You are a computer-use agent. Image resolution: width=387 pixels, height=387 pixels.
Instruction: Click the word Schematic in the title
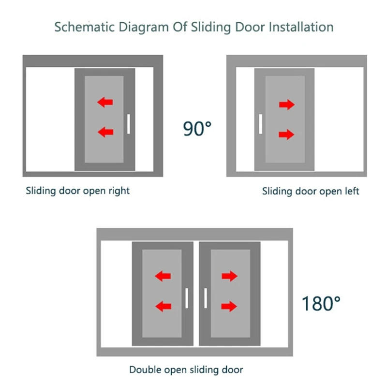tap(84, 27)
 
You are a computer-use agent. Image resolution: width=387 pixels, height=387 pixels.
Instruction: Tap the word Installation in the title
tap(301, 27)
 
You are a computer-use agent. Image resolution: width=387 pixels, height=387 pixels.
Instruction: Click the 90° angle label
tap(197, 129)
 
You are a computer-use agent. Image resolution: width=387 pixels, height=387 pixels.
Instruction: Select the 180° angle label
tap(321, 303)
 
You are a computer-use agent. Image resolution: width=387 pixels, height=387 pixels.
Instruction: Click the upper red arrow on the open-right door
tap(105, 102)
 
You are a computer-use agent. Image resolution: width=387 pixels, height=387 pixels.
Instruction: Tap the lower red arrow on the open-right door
tap(105, 132)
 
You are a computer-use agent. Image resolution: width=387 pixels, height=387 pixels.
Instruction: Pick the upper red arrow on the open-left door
tap(287, 104)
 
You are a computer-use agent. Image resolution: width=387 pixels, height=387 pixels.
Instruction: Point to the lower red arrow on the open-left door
tap(286, 134)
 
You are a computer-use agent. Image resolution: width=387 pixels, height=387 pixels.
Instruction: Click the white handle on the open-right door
tap(128, 124)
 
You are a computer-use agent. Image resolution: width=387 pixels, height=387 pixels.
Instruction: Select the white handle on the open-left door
tap(261, 124)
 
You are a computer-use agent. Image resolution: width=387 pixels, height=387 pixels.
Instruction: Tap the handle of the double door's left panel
tap(187, 298)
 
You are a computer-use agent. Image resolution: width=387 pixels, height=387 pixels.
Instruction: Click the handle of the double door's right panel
tap(206, 298)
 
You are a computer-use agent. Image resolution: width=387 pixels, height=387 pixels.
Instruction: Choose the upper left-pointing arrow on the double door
tap(163, 276)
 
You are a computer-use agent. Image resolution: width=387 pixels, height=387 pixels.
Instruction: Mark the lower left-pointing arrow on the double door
tap(163, 306)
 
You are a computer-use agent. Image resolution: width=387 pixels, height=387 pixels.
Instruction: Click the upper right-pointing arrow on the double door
tap(229, 276)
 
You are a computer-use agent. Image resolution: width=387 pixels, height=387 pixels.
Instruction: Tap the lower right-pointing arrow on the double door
tap(229, 306)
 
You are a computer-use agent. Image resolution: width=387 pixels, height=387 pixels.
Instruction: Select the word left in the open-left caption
tap(351, 191)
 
